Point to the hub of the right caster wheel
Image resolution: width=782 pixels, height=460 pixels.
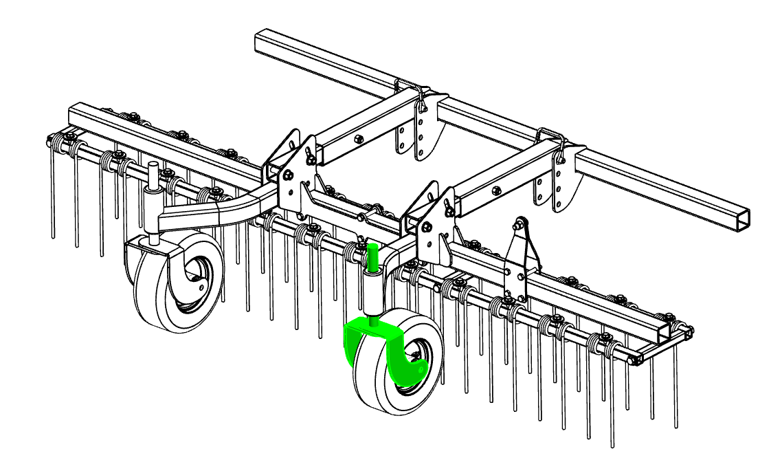tap(414, 353)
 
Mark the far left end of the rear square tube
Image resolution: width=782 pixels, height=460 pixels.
tap(259, 39)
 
